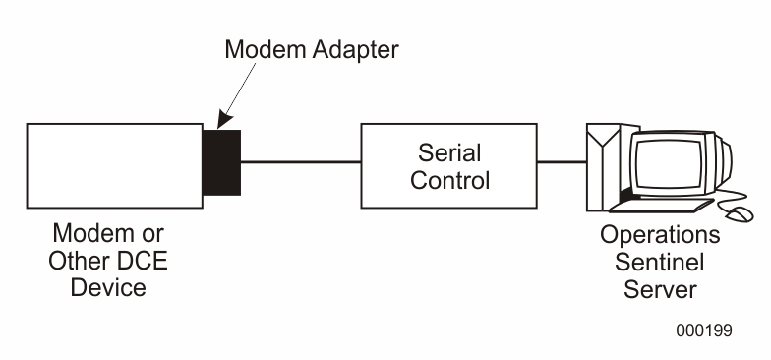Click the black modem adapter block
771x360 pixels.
(221, 161)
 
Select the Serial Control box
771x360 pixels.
(448, 165)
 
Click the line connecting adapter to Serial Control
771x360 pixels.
(300, 161)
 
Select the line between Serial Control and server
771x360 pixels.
(561, 161)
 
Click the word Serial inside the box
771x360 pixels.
(449, 153)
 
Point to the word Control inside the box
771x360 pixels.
(449, 180)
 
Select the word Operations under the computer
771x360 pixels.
(660, 236)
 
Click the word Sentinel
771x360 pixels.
(660, 263)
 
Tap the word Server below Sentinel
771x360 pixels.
(660, 289)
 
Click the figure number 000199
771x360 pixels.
(703, 330)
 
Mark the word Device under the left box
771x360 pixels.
(108, 288)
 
